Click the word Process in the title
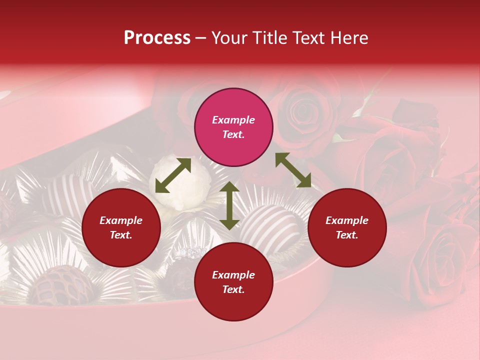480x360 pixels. click(157, 38)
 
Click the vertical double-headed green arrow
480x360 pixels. click(229, 205)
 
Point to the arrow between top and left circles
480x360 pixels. click(173, 175)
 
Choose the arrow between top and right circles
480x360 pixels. click(293, 170)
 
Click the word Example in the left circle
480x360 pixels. click(121, 220)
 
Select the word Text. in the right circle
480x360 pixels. click(347, 235)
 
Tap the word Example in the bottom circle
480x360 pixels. click(233, 275)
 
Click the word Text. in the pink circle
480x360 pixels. click(233, 134)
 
